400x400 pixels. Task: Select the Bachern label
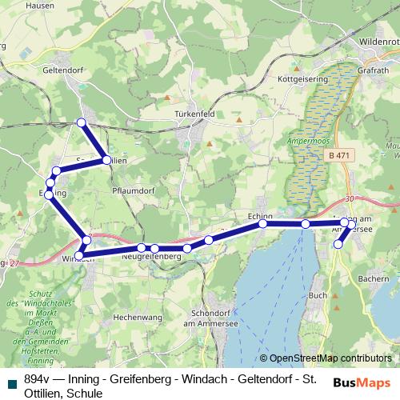pos(374,278)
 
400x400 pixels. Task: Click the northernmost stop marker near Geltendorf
pos(80,122)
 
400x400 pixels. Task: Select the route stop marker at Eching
pos(262,224)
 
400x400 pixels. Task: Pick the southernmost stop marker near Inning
pos(338,245)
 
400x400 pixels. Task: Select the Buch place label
pos(318,295)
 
